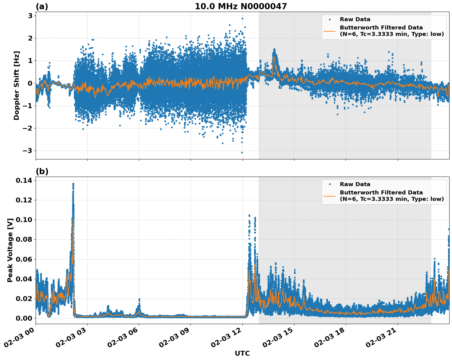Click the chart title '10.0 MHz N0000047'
pyautogui.click(x=241, y=6)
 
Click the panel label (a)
pyautogui.click(x=42, y=6)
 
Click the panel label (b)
pyautogui.click(x=42, y=171)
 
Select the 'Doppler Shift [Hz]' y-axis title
pyautogui.click(x=17, y=85)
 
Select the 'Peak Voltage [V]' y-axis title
pyautogui.click(x=10, y=250)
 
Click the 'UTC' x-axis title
pyautogui.click(x=242, y=353)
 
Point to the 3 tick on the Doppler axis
pyautogui.click(x=30, y=16)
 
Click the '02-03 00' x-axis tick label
pyautogui.click(x=22, y=339)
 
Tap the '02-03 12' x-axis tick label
pyautogui.click(x=228, y=339)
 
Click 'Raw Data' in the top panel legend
pyautogui.click(x=355, y=19)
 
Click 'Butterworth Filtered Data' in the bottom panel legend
pyautogui.click(x=381, y=193)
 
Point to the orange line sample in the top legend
pyautogui.click(x=329, y=31)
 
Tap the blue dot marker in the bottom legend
pyautogui.click(x=330, y=184)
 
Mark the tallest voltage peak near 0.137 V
pyautogui.click(x=73, y=184)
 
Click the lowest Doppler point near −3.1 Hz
pyautogui.click(x=242, y=152)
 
